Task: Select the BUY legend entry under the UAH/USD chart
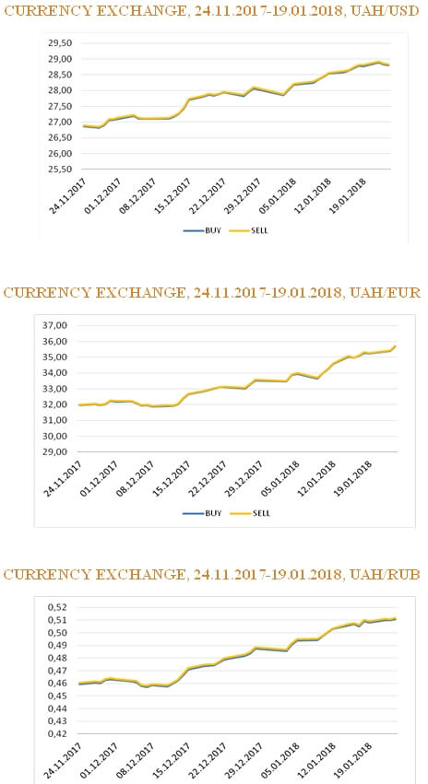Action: (203, 231)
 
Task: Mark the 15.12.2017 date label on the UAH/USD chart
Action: (173, 196)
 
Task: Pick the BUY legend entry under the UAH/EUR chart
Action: (205, 513)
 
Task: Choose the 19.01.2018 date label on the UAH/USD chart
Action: (348, 196)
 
